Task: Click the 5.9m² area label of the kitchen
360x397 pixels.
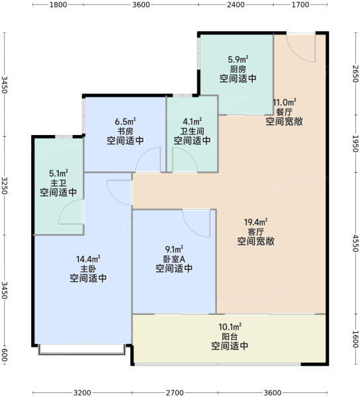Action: point(238,60)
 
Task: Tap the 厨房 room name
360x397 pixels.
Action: point(238,69)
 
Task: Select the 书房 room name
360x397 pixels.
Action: point(125,132)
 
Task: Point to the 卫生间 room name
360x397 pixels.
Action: point(192,132)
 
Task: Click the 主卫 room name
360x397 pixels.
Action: point(58,183)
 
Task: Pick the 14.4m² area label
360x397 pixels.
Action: point(88,259)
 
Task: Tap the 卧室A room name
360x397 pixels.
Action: point(174,259)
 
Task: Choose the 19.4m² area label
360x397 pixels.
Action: point(256,222)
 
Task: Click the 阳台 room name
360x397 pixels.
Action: point(230,337)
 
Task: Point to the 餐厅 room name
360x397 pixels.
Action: point(284,112)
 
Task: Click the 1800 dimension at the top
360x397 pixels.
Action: point(58,5)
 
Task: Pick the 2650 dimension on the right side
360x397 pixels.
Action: point(355,73)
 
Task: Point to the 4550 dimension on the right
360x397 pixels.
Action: point(355,243)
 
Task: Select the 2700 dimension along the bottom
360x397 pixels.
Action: point(175,392)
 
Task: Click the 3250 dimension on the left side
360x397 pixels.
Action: point(5,185)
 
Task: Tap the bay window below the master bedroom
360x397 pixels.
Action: point(82,349)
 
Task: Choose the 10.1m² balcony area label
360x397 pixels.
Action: point(230,327)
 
